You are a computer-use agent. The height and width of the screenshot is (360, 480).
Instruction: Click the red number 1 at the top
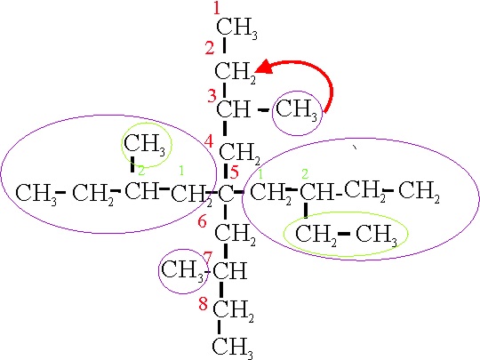coord(217,8)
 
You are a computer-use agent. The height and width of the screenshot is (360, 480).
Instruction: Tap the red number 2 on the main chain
coord(210,48)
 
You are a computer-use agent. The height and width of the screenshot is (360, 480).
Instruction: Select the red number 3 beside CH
coord(212,96)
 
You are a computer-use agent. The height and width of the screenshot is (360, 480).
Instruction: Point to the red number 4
coord(209,141)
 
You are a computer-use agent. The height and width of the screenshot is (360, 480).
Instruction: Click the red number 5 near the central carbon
coord(234,172)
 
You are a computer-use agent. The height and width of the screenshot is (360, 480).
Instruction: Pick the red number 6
coord(202,221)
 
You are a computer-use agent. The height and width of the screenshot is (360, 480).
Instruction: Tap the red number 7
coord(208,258)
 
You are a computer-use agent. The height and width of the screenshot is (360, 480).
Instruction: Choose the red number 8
coord(204,304)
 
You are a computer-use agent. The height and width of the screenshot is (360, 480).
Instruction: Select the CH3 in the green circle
coord(145,145)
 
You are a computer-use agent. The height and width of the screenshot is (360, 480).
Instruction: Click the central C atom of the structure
coord(226,193)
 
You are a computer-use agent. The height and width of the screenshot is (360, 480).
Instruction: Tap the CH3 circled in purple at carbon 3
coord(296,110)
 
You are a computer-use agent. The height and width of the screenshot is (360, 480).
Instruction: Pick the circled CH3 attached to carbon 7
coord(182,271)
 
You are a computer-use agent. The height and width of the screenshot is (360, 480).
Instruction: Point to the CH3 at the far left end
coord(36,195)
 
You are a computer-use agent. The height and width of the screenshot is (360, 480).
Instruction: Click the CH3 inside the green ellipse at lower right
coord(377,235)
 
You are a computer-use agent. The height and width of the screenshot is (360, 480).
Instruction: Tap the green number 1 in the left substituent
coord(181,170)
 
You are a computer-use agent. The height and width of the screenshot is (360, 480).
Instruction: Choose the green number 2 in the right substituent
coord(305,174)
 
